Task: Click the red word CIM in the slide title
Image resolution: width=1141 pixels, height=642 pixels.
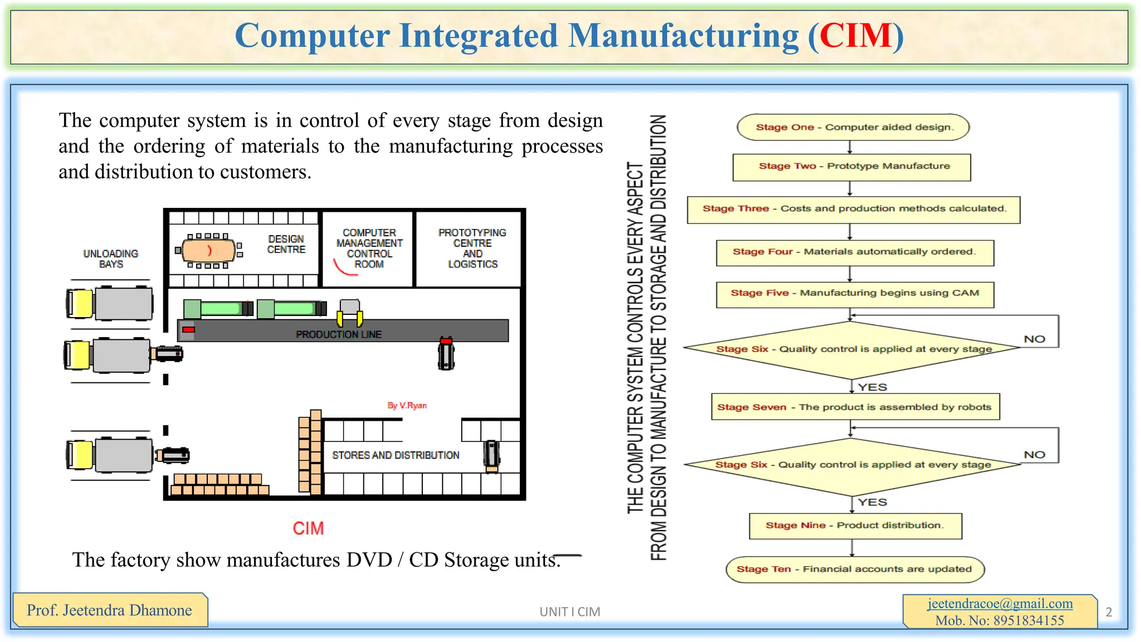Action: coord(856,36)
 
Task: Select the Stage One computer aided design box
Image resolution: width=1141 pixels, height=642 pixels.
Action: coord(853,127)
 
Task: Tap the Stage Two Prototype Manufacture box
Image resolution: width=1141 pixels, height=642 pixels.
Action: coord(852,167)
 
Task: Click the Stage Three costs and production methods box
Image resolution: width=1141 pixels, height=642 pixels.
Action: coord(854,209)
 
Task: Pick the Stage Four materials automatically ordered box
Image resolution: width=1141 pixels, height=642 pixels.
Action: coord(855,252)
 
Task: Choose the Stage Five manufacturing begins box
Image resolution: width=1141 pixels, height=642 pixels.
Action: coord(855,294)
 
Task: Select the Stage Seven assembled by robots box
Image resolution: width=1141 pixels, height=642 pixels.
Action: coord(855,407)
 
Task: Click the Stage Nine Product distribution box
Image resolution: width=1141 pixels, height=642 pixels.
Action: coord(855,526)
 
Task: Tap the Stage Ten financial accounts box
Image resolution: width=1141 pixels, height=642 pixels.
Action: coord(855,569)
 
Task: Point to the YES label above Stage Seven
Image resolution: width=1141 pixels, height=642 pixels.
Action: coord(872,387)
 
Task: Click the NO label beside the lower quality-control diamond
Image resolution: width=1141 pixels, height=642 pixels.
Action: coord(1035,455)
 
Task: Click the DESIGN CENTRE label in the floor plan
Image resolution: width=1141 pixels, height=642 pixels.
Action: coord(286,244)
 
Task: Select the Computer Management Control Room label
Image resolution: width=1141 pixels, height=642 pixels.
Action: coord(369,248)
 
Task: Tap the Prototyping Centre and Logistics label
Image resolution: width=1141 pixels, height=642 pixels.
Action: coord(472,248)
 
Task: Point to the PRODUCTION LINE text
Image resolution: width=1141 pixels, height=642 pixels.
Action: coord(339,334)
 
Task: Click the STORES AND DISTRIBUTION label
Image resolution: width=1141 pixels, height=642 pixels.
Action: coord(396,455)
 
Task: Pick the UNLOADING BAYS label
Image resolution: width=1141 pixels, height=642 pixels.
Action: coord(111,259)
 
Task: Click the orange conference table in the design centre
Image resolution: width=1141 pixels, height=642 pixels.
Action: coord(209,250)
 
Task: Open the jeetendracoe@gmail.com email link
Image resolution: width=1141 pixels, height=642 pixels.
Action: coord(1000,604)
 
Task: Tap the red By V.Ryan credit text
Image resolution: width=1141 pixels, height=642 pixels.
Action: coord(407,406)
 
